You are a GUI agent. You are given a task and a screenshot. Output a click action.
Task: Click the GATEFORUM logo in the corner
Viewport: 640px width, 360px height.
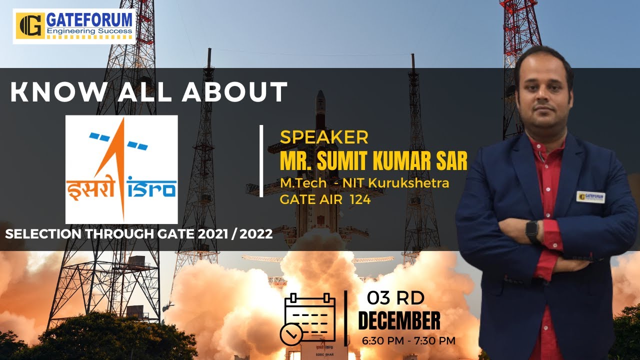74,26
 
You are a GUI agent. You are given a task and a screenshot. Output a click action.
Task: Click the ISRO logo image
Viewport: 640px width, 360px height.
121,169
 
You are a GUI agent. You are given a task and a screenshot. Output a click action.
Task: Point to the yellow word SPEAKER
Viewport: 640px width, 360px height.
324,137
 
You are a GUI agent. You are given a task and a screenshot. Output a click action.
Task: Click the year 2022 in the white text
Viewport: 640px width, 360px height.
256,234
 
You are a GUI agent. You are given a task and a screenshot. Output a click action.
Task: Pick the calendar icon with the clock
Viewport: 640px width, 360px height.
308,319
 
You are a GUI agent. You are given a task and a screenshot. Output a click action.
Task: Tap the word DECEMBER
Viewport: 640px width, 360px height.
399,321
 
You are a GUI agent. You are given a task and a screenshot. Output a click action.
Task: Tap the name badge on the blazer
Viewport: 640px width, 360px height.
590,196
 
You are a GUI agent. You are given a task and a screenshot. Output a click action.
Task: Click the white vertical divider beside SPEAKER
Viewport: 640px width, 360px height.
261,160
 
